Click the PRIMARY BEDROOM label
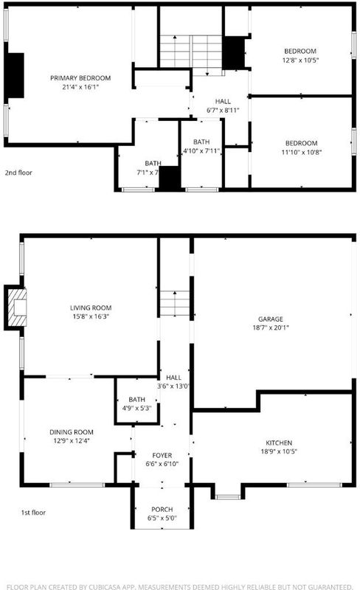click(x=80, y=78)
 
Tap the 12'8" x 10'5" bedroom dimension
click(x=300, y=60)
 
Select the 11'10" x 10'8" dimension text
click(x=301, y=152)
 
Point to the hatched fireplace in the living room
click(x=17, y=307)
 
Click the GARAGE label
click(x=271, y=319)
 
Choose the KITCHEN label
click(x=279, y=442)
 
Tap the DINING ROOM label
click(x=72, y=432)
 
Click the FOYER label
click(x=162, y=455)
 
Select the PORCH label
click(x=162, y=509)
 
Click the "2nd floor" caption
click(x=18, y=173)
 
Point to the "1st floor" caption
click(x=33, y=512)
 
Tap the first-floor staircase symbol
click(x=175, y=303)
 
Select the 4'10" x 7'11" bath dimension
click(x=201, y=151)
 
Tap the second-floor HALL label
click(x=223, y=101)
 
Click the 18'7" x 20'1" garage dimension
click(x=271, y=327)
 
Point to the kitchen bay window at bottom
click(x=228, y=497)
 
